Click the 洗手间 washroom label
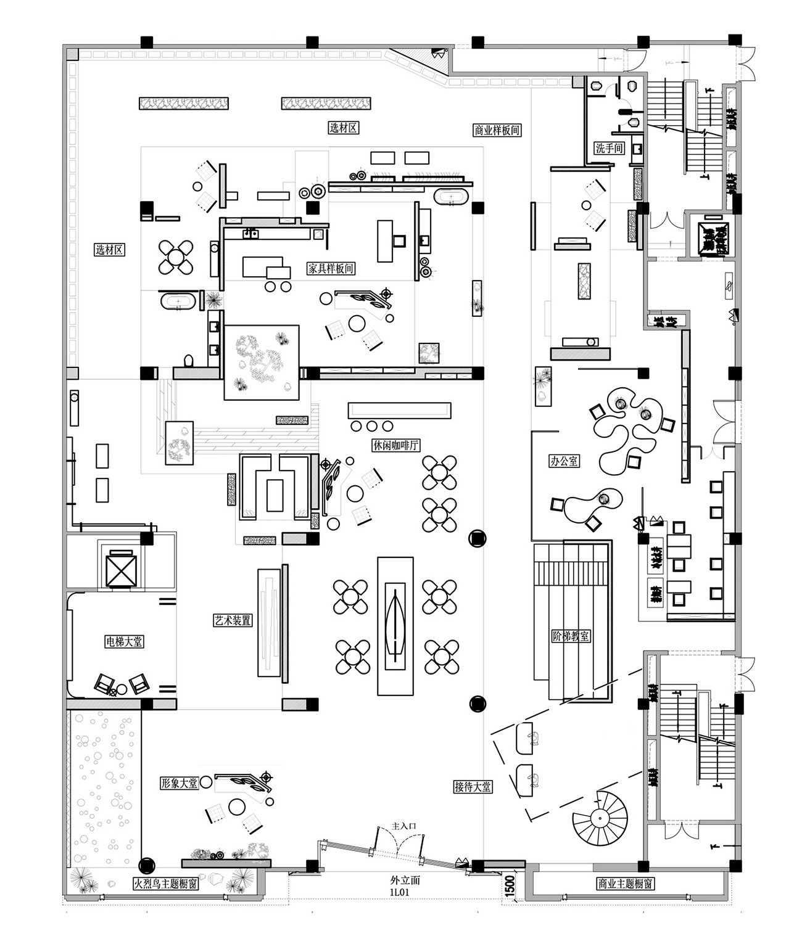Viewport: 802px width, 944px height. coord(609,148)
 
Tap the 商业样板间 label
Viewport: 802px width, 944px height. coord(497,130)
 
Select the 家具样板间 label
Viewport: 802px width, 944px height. coord(331,268)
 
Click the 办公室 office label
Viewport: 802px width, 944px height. coord(564,461)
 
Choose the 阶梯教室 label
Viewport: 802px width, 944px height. coord(571,636)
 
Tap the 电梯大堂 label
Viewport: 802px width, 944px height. coord(124,641)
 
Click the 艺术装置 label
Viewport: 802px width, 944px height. coord(233,620)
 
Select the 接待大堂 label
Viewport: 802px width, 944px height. coord(473,786)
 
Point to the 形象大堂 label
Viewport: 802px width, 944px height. coord(179,783)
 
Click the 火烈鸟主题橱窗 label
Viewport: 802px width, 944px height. coord(165,884)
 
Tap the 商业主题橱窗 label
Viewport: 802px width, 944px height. coord(625,884)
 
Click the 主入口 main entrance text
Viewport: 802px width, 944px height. coord(405,826)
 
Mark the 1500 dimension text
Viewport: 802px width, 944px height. coord(510,886)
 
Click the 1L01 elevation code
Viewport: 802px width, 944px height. coord(400,892)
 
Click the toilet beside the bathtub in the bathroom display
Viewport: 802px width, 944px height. coord(188,361)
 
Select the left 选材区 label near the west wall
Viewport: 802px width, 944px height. coord(110,250)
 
